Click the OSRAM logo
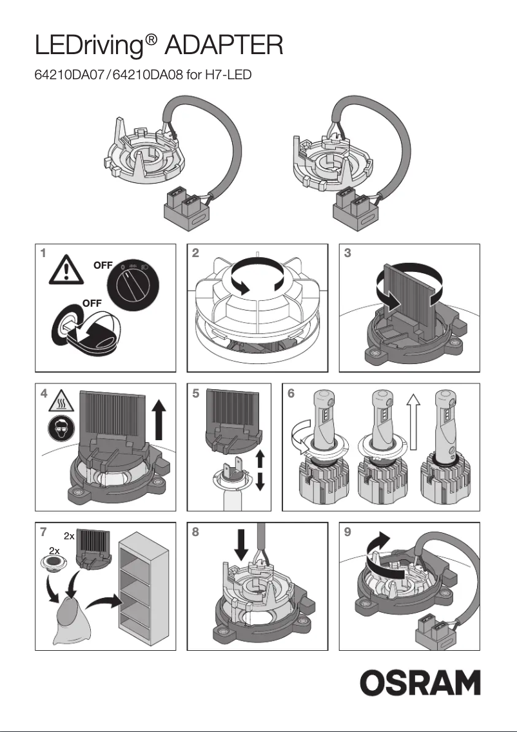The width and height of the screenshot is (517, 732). coord(420,683)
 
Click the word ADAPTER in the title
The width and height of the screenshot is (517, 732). coord(224,46)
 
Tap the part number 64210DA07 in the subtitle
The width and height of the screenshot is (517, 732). coord(71,76)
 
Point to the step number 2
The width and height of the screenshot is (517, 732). coord(195,253)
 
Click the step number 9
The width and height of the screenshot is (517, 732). coord(348,532)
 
